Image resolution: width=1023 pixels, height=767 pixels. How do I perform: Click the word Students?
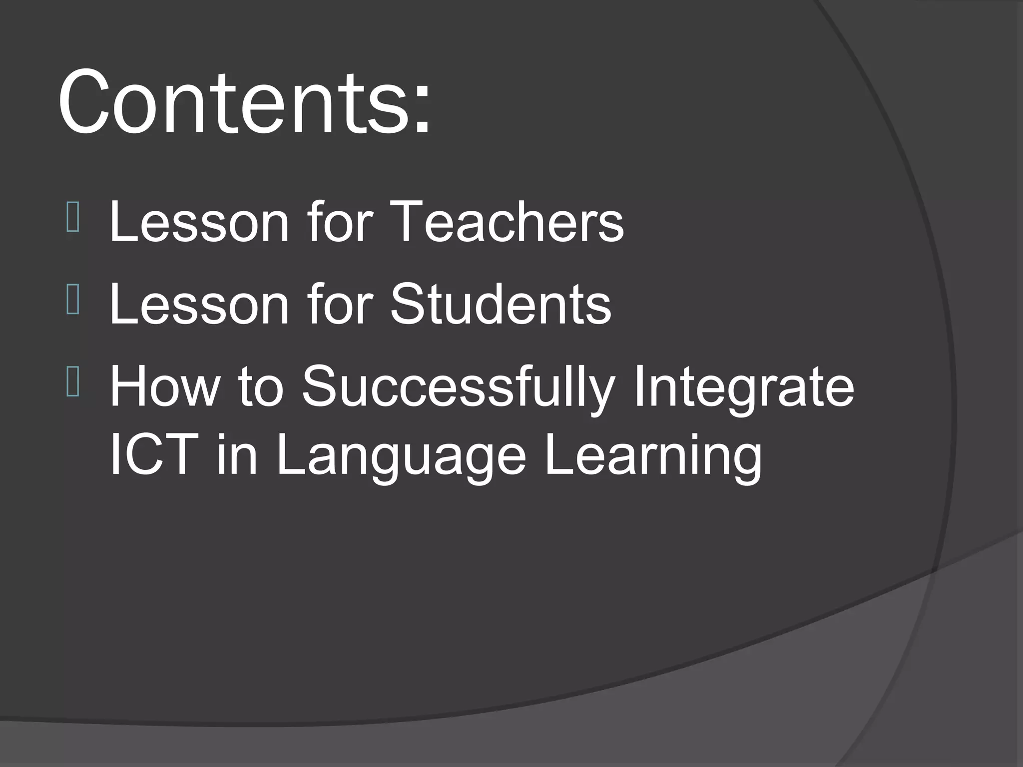coord(501,304)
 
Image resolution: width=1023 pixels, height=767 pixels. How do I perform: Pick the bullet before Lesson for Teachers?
coord(72,220)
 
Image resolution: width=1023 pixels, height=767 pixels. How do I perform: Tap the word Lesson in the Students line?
coord(199,304)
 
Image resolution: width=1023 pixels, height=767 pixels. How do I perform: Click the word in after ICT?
coord(237,454)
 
